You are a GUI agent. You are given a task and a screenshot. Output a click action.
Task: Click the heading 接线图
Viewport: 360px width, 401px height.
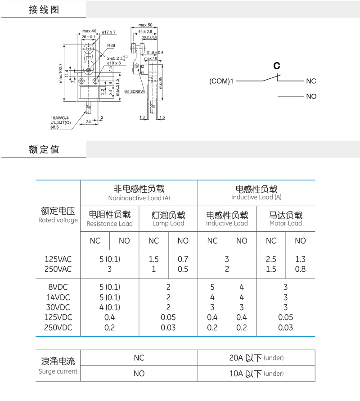pos(44,9)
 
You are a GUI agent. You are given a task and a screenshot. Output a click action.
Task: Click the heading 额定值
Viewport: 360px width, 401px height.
pos(44,149)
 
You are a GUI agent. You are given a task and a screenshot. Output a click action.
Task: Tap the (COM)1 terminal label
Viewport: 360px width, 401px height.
pos(221,81)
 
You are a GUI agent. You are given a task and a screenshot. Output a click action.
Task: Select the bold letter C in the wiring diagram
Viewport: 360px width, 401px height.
pos(277,66)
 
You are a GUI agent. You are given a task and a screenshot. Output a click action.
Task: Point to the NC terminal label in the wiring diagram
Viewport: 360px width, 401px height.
pos(311,81)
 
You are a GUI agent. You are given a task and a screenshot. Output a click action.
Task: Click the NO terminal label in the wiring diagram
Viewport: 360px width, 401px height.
pos(311,96)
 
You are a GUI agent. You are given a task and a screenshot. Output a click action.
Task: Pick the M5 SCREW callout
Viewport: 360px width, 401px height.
pos(135,91)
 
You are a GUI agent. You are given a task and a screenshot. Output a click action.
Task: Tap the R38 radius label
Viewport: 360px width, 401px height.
pos(111,45)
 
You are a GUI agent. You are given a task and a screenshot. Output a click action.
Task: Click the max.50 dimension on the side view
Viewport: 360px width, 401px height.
pos(145,25)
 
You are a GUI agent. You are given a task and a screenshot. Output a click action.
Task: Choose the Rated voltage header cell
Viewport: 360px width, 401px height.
pos(58,215)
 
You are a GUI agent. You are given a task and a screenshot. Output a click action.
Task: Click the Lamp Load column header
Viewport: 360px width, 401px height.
pos(168,219)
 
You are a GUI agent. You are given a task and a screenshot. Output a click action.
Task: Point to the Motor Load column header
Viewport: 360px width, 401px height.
pos(285,219)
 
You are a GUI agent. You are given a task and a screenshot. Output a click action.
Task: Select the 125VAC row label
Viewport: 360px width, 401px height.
pos(58,259)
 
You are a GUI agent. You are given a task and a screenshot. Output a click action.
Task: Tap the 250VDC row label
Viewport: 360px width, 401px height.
pos(58,328)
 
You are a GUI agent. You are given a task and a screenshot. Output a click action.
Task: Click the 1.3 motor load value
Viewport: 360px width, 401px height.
pos(300,259)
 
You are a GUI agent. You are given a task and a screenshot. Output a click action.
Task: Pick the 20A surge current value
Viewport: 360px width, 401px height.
pos(256,358)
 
